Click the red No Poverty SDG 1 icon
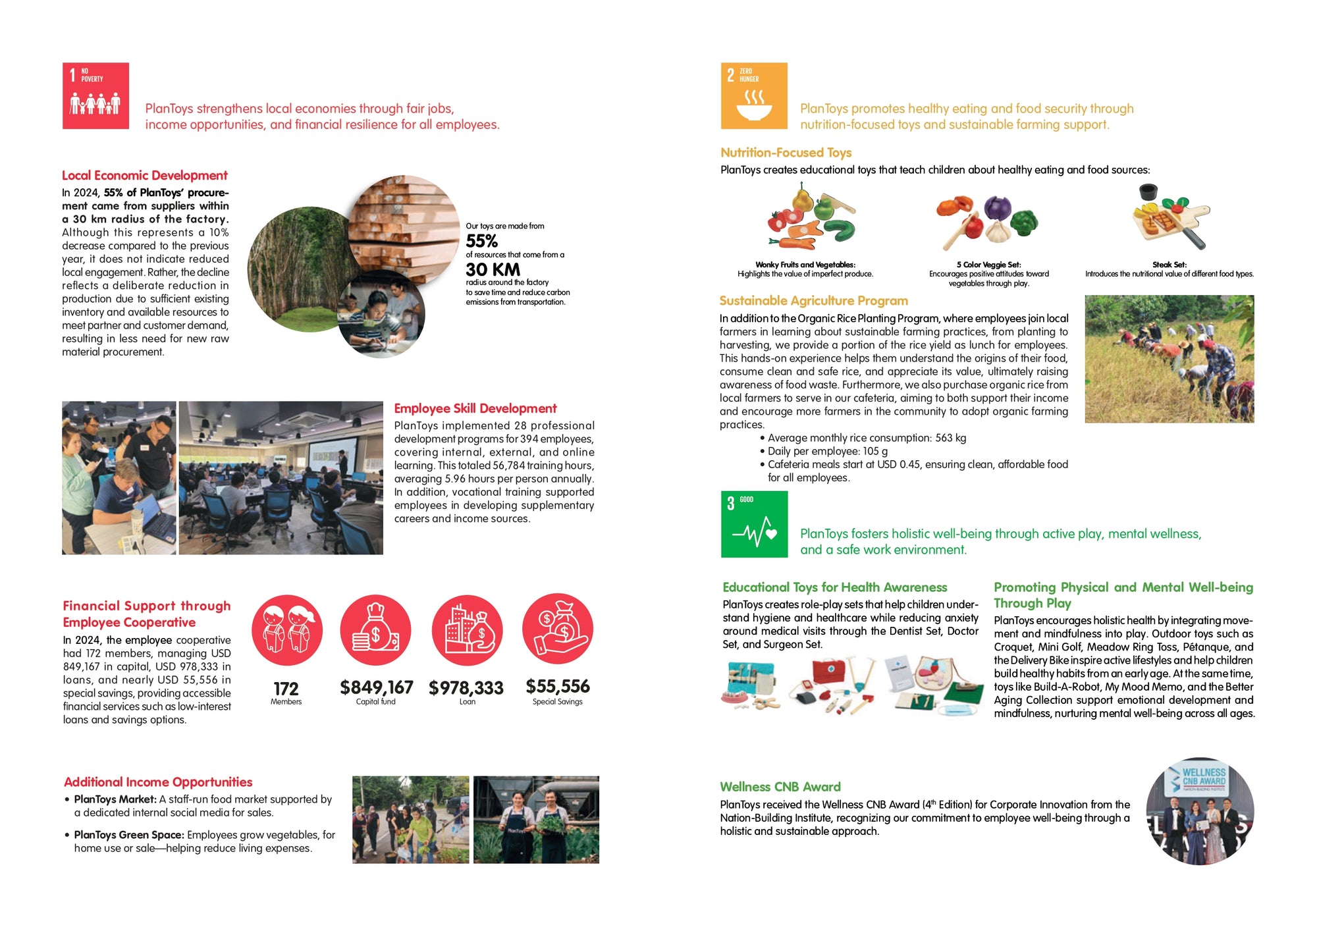(95, 95)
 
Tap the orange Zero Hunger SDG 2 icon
(754, 95)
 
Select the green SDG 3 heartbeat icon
(754, 524)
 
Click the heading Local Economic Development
(144, 175)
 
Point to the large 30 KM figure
(493, 269)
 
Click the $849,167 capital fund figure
(376, 687)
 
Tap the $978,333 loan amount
(466, 688)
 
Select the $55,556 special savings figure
(557, 686)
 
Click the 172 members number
(286, 689)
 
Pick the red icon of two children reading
(287, 630)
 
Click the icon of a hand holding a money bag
(557, 630)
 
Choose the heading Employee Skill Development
(475, 408)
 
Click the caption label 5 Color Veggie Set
(988, 265)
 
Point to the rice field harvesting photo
(1169, 359)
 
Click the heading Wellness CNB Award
(780, 787)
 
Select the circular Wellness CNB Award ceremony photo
(1200, 811)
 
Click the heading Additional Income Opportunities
(158, 782)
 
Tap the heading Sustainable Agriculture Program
(813, 301)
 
